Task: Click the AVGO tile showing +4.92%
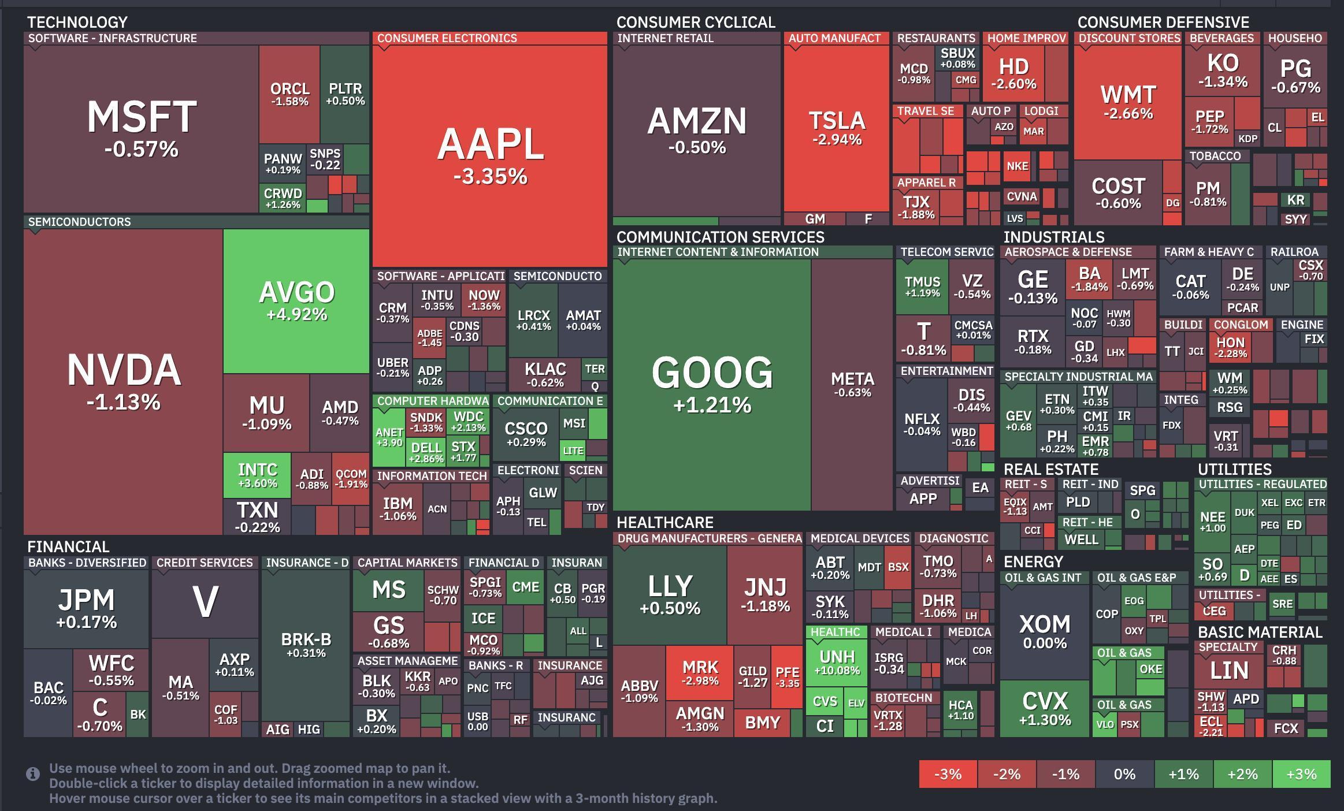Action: [296, 300]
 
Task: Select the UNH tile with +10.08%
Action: [837, 662]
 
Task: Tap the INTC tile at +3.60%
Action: [257, 475]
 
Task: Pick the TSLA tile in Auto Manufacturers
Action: [836, 128]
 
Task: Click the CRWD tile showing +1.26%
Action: [283, 198]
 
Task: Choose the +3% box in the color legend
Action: [1301, 774]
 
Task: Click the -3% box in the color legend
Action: [948, 774]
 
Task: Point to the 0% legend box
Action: [1124, 774]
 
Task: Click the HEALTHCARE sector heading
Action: [664, 523]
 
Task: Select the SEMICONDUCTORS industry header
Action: [80, 222]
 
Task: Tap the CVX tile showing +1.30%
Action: [1044, 708]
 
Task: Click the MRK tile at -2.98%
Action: [700, 672]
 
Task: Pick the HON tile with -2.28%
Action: [1230, 347]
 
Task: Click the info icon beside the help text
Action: [33, 774]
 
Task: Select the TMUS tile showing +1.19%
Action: [922, 286]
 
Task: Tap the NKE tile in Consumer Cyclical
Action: [1017, 166]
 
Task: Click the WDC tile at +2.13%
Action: [468, 421]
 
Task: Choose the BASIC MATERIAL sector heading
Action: [1260, 633]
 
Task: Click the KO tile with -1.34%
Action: [1222, 70]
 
